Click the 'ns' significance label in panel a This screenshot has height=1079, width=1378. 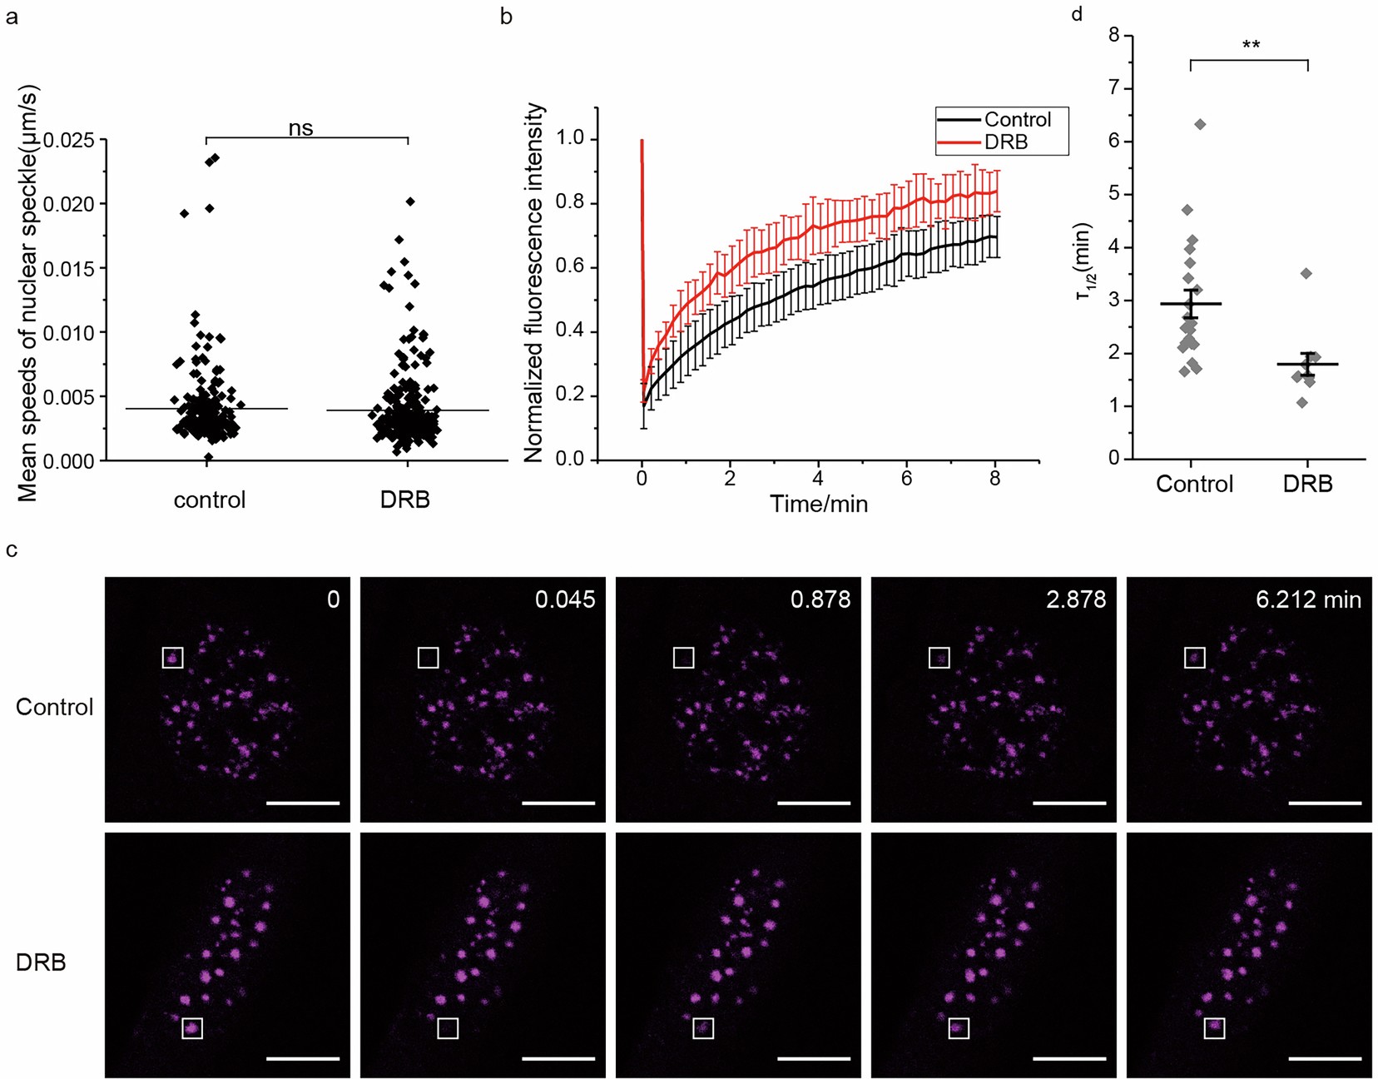(300, 127)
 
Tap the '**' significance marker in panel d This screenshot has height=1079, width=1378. (1250, 45)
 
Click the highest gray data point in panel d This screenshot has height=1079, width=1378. (1200, 124)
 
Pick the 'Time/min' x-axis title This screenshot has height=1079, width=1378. (819, 504)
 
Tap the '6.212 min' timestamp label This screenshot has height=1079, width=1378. (1308, 599)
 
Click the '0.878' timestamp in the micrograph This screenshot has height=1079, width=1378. (820, 599)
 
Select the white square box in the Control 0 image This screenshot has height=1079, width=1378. (172, 658)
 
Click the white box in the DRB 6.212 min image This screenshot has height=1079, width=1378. (1214, 1028)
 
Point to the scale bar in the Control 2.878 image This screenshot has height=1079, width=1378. (1069, 803)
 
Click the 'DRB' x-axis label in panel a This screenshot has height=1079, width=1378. (405, 500)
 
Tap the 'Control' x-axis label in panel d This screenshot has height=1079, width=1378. (1194, 484)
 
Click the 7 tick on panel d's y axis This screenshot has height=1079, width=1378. (1114, 88)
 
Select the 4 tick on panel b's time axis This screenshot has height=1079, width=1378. (818, 479)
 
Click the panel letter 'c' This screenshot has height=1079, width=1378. (11, 550)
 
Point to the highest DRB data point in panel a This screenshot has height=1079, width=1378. (410, 201)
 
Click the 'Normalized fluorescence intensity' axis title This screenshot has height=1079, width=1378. (533, 283)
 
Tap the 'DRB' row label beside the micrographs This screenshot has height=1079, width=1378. (41, 962)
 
